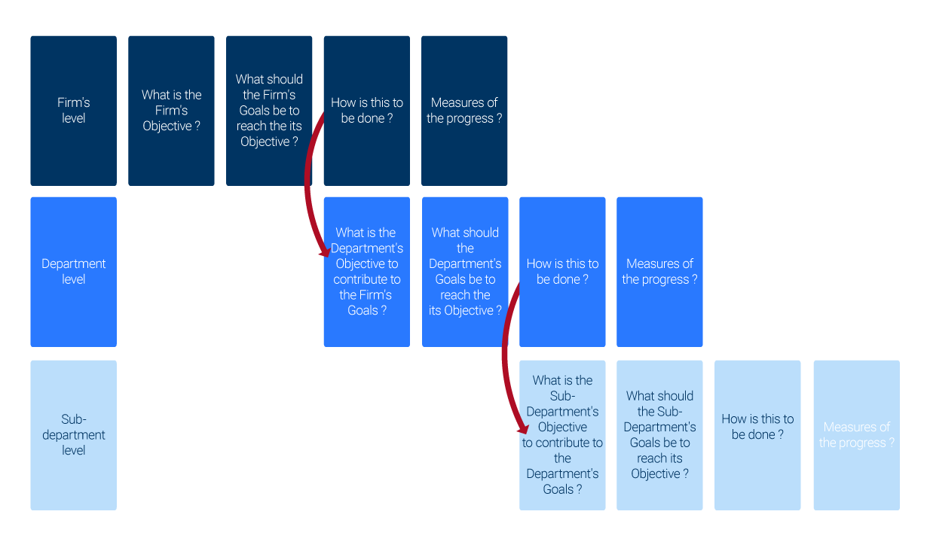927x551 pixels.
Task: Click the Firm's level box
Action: [x=73, y=111]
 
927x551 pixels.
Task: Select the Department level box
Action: [x=73, y=272]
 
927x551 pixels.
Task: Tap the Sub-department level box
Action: [x=73, y=435]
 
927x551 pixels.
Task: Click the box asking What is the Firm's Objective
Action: [x=171, y=111]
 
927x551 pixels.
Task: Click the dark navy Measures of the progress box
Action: [x=464, y=111]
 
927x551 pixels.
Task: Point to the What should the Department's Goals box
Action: [x=465, y=272]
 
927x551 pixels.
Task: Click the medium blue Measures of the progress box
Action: [x=659, y=272]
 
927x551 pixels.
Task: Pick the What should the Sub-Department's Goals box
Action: [x=659, y=435]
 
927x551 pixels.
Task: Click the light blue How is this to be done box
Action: [x=757, y=435]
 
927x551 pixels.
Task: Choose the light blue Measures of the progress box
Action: [x=856, y=435]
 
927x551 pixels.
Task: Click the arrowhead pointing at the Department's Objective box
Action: [x=326, y=248]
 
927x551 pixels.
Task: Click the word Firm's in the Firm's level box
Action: [x=73, y=102]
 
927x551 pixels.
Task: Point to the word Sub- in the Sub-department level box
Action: [x=74, y=419]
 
